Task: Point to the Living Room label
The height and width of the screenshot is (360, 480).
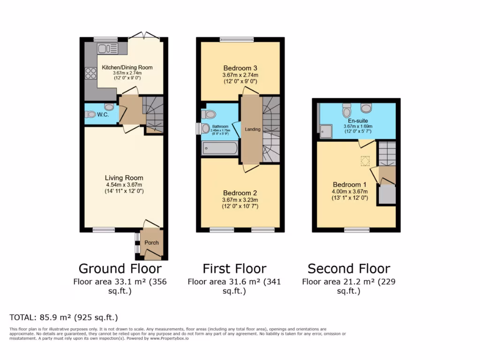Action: [x=124, y=178]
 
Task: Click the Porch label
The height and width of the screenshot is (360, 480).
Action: [x=151, y=243]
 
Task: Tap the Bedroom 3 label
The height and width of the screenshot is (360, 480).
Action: [x=240, y=68]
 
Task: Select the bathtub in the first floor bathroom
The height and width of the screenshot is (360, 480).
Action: [x=220, y=149]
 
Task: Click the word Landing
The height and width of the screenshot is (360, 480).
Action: [x=253, y=129]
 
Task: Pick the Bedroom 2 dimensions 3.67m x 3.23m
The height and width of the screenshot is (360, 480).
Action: [x=240, y=200]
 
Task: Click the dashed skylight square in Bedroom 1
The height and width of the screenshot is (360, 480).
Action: [x=365, y=161]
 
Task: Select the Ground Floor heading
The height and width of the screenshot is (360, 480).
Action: [x=120, y=269]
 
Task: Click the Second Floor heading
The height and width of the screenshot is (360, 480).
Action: [x=349, y=269]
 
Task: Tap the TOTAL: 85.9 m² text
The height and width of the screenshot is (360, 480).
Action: [x=64, y=317]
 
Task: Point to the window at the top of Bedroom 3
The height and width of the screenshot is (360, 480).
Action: [x=237, y=40]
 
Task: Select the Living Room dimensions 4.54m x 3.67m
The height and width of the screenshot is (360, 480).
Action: [x=124, y=185]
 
